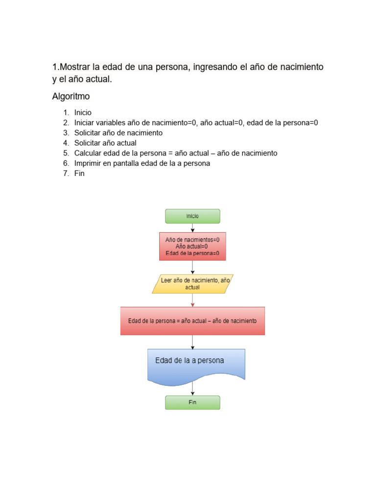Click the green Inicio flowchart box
tap(192, 216)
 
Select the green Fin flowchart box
tap(192, 402)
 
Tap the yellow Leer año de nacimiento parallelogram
tap(192, 284)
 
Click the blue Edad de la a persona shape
tap(196, 365)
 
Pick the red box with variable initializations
tap(192, 247)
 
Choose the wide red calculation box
tap(192, 321)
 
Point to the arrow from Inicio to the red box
tap(192, 228)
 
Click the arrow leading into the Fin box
tap(192, 390)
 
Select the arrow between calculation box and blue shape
tap(192, 342)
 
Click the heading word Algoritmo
tap(71, 97)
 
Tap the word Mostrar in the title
tap(75, 67)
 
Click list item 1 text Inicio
tap(83, 112)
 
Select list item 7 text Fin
tap(79, 174)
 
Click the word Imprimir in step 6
tap(89, 163)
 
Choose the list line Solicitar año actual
tap(105, 143)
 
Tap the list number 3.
tap(66, 133)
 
